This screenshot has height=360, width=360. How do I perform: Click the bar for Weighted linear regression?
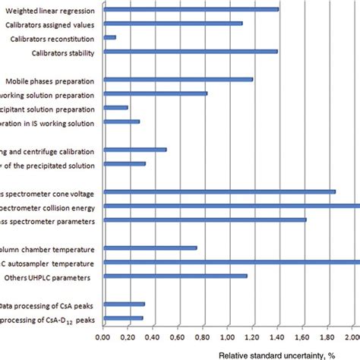coord(190,9)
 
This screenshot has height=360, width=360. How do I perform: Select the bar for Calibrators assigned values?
coord(172,24)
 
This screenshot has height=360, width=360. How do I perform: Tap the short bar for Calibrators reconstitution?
coord(109,37)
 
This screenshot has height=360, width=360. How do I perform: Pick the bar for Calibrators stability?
coord(190,52)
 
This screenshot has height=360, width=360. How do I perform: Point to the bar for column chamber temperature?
coord(150,248)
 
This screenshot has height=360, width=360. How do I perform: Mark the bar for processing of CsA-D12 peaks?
coord(122,318)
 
